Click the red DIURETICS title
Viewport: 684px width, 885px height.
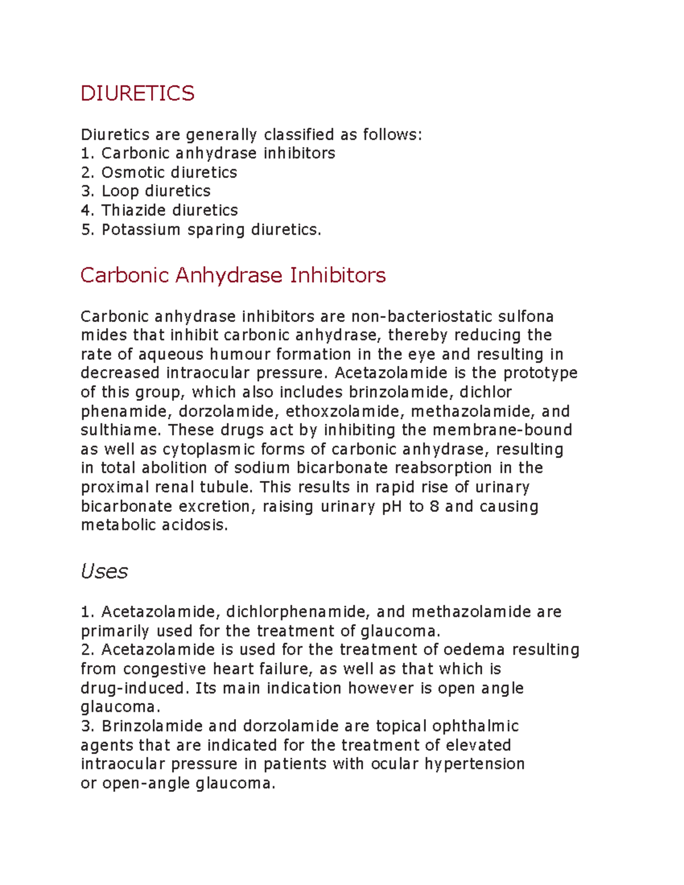click(x=137, y=93)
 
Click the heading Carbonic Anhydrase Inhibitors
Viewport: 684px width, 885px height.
click(x=233, y=275)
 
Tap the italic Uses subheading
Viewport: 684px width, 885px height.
click(x=104, y=571)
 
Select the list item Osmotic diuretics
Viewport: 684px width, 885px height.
click(x=169, y=172)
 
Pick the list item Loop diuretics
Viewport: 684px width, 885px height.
click(x=156, y=191)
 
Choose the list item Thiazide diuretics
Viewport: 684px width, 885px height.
click(x=169, y=210)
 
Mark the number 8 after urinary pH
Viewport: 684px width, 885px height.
click(x=434, y=507)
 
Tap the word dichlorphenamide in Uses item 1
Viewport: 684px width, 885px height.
click(x=298, y=612)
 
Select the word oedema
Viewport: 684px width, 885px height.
click(x=474, y=650)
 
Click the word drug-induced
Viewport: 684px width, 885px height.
click(x=133, y=688)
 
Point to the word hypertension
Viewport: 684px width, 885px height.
click(x=474, y=764)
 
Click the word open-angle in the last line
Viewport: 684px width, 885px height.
click(x=146, y=784)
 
